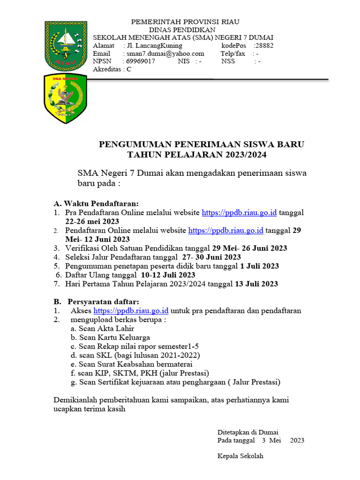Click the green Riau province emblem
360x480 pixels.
click(66, 45)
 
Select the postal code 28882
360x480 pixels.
click(263, 46)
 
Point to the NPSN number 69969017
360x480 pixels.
click(141, 61)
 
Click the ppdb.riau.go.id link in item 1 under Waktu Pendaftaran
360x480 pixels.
click(239, 212)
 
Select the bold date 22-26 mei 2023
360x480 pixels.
click(92, 221)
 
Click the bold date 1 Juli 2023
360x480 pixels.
click(259, 266)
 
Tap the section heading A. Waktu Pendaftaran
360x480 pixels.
click(96, 203)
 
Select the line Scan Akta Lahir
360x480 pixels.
click(102, 329)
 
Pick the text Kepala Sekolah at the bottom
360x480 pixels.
click(240, 456)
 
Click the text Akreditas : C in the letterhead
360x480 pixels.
click(112, 69)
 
